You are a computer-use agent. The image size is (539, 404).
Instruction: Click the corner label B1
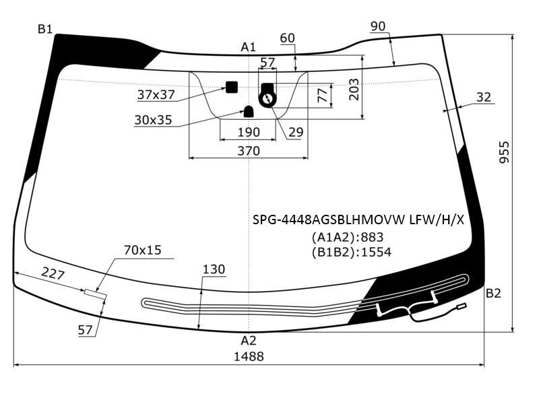pyautogui.click(x=45, y=29)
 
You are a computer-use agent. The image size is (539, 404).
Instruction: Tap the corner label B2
pyautogui.click(x=494, y=294)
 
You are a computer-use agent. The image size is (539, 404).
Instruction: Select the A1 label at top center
pyautogui.click(x=248, y=47)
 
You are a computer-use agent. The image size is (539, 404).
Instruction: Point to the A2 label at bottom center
pyautogui.click(x=248, y=341)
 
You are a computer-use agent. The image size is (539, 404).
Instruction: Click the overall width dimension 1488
pyautogui.click(x=249, y=357)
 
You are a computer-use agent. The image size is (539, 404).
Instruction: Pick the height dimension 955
pyautogui.click(x=504, y=152)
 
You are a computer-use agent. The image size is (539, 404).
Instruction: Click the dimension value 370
pyautogui.click(x=249, y=151)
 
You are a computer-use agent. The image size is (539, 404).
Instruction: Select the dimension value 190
pyautogui.click(x=249, y=132)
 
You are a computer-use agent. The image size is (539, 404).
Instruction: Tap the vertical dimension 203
pyautogui.click(x=354, y=90)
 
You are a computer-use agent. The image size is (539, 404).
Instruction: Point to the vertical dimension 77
pyautogui.click(x=323, y=95)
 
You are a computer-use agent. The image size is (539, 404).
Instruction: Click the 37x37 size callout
pyautogui.click(x=156, y=94)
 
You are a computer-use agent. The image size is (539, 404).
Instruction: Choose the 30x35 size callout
pyautogui.click(x=153, y=120)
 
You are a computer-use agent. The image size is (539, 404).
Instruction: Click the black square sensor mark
pyautogui.click(x=232, y=88)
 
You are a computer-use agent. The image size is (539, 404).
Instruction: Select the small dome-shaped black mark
pyautogui.click(x=249, y=112)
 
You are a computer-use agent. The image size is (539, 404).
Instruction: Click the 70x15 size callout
pyautogui.click(x=142, y=250)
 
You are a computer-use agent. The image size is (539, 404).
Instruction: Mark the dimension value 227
pyautogui.click(x=53, y=274)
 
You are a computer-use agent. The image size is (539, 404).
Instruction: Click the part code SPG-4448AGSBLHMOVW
pyautogui.click(x=329, y=220)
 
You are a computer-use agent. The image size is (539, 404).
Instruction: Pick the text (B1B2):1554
pyautogui.click(x=351, y=252)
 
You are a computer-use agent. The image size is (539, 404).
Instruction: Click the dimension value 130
pyautogui.click(x=214, y=269)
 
